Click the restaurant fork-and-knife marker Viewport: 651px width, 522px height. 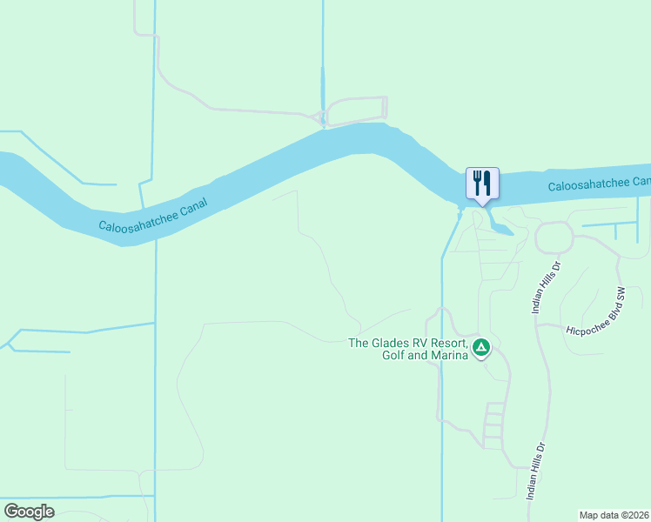coord(483,184)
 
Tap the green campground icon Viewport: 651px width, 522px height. coord(481,349)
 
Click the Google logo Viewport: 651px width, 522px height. coord(29,512)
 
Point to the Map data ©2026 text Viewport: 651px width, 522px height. coord(614,515)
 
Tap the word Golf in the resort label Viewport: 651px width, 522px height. coord(397,354)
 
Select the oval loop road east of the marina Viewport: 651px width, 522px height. coord(554,237)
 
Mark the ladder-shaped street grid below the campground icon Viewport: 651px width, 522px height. coord(493,425)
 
